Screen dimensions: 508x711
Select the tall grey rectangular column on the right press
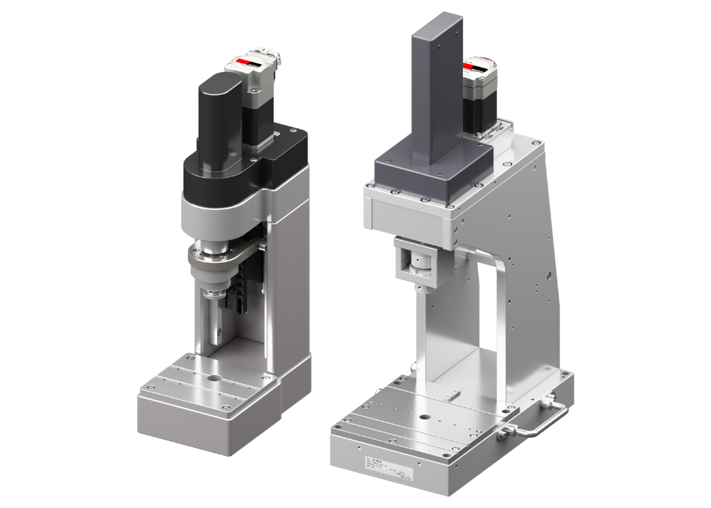coord(436,94)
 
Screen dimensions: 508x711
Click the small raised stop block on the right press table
coord(453,396)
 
